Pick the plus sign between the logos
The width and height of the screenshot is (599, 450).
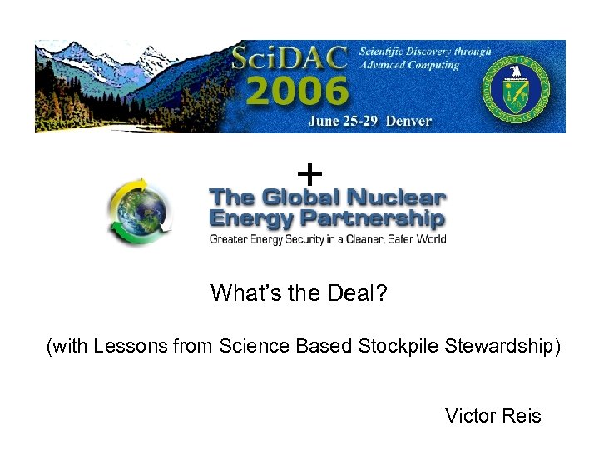(309, 175)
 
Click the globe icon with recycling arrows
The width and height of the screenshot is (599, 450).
(138, 212)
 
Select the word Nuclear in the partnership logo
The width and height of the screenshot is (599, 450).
(395, 199)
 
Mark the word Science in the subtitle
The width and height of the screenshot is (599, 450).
(250, 346)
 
